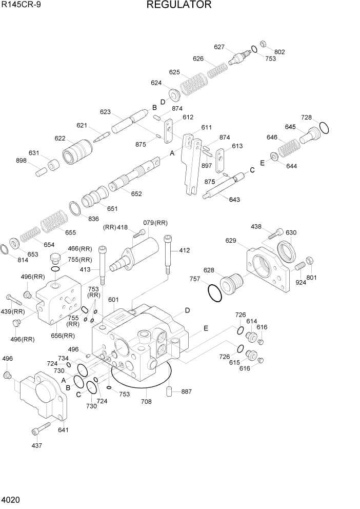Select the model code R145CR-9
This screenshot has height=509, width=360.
click(x=21, y=5)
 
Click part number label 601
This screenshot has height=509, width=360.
click(x=113, y=300)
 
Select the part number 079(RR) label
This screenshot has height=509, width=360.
click(x=155, y=223)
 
